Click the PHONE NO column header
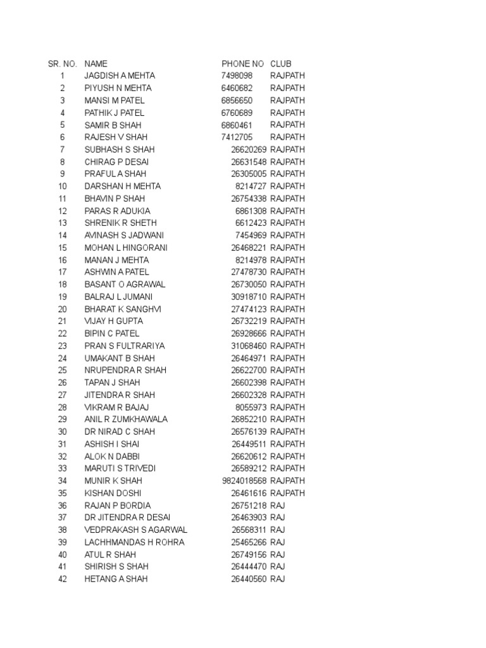point(242,63)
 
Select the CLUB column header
point(281,63)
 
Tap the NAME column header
point(96,63)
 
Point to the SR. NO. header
point(62,63)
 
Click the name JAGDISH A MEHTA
point(120,76)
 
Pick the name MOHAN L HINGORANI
point(126,247)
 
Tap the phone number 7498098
point(237,76)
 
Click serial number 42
point(62,579)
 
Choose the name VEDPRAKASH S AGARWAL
point(136,530)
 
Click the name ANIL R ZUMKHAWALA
point(126,420)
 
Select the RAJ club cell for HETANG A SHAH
point(278,579)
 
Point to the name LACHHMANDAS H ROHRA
point(134,542)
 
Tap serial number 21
point(62,321)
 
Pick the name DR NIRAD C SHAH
point(120,432)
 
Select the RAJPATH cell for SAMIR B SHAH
point(287,125)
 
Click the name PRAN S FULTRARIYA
point(123,346)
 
